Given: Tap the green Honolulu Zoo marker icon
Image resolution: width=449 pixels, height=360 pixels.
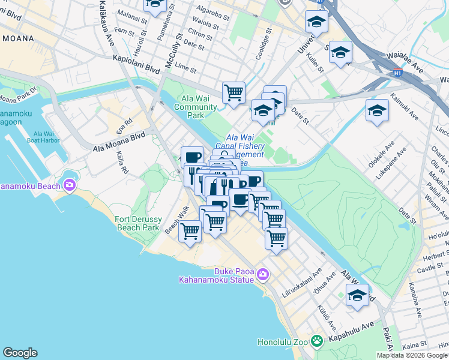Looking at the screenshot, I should click(317, 341).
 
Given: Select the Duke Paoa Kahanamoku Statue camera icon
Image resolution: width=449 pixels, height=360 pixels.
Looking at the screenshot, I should click(262, 275).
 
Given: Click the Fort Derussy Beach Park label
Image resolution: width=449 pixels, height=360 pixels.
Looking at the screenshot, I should click(137, 224).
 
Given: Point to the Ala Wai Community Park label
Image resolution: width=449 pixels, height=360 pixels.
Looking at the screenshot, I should click(196, 103).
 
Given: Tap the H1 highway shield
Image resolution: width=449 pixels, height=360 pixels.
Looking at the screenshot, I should click(397, 73).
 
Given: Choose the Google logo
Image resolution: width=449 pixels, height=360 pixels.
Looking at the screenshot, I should click(20, 353).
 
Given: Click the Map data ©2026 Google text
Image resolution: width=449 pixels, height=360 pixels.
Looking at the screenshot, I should click(412, 355).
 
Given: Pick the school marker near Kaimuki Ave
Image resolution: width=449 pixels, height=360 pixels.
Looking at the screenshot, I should click(377, 110).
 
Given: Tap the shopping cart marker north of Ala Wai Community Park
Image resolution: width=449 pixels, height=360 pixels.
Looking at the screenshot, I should click(234, 92).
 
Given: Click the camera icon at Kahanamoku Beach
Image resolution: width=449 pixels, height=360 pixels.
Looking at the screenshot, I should click(70, 185).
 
